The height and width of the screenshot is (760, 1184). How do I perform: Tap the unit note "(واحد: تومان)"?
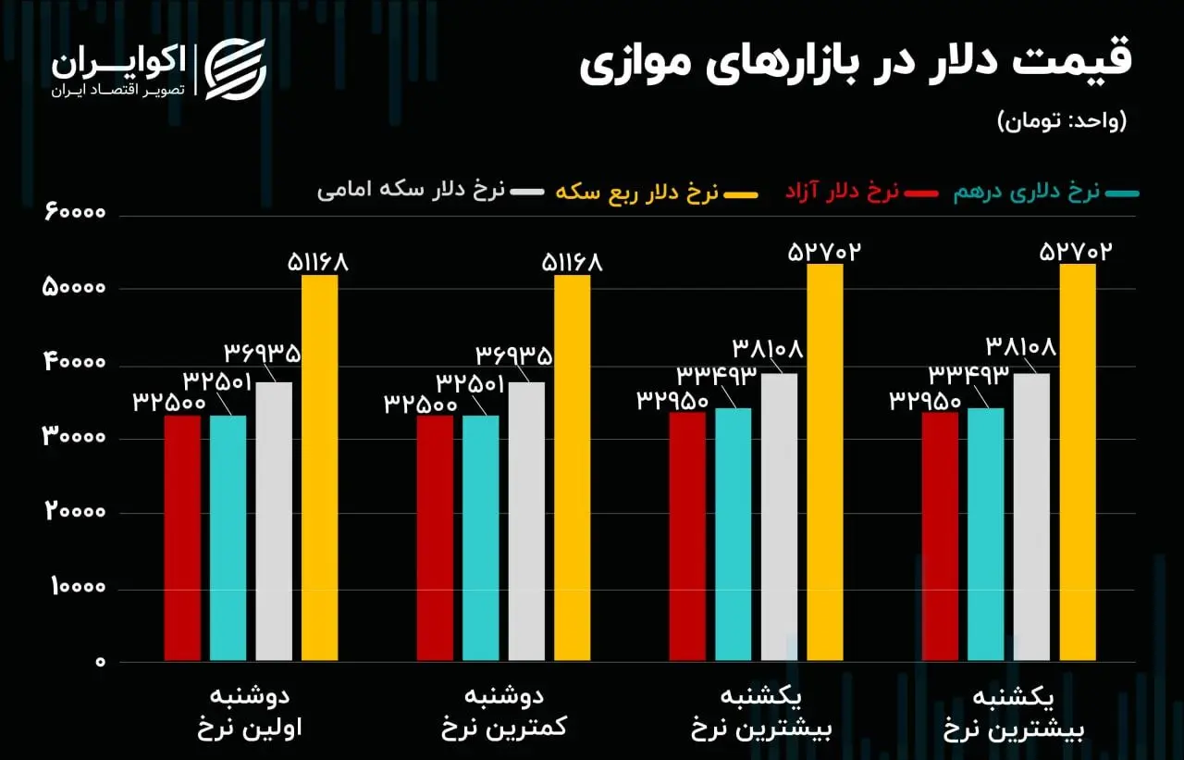[x=1062, y=120]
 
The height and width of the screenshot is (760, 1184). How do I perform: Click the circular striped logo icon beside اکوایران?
[x=235, y=69]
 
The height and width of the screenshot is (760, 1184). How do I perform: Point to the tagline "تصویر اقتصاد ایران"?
[x=118, y=91]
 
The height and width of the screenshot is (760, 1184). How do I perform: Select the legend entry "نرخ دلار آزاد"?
[x=842, y=192]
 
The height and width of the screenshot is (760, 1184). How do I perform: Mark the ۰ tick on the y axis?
[x=99, y=663]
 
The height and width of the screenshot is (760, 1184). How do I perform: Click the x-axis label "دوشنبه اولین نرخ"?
[x=250, y=712]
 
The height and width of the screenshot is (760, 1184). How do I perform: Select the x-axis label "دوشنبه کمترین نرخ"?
[x=503, y=712]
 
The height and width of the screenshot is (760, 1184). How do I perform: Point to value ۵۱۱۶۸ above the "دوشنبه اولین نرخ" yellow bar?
[x=317, y=263]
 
